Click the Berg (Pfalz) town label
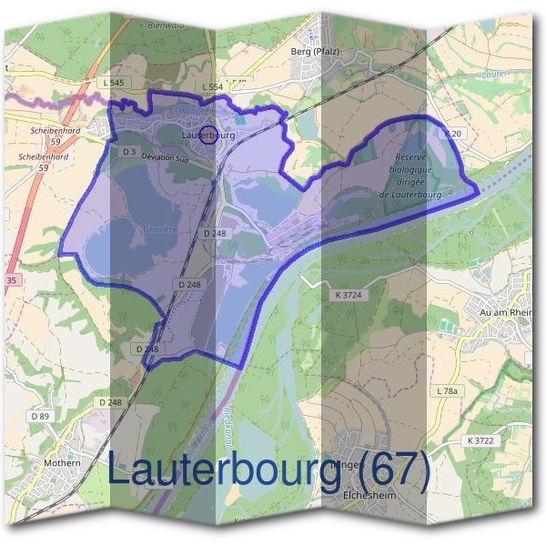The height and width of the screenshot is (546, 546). (313, 52)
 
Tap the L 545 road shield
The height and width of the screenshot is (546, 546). (113, 83)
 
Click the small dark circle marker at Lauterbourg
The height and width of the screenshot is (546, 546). (207, 135)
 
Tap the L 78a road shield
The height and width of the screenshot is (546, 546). (446, 390)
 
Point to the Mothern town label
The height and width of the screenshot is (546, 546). (62, 463)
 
